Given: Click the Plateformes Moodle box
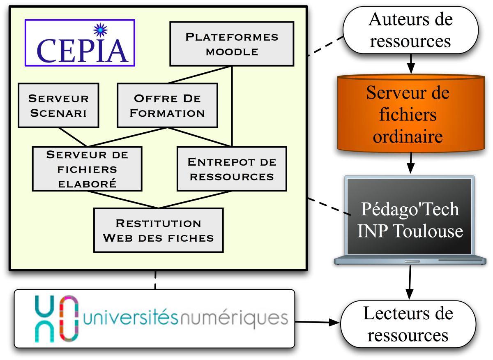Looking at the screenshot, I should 232,44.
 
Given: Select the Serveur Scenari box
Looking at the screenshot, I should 58,105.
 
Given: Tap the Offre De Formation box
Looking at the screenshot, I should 167,105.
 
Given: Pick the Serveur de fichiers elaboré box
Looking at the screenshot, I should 87,169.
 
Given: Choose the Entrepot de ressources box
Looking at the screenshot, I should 232,168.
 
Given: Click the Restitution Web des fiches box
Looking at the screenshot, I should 159,230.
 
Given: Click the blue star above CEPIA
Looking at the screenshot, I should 99,30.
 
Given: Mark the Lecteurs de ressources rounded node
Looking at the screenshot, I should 408,324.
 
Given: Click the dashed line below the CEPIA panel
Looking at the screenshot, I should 155,280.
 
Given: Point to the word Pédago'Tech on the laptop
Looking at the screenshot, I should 410,209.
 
